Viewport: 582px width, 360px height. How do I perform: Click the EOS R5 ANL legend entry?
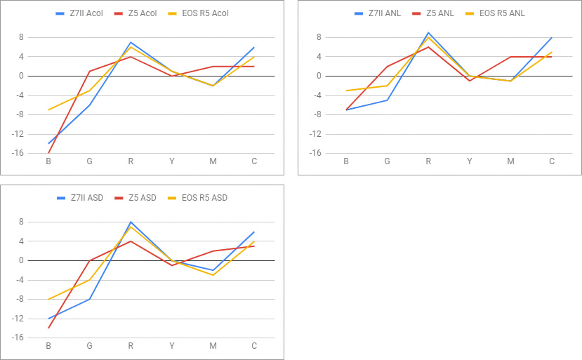[501, 13]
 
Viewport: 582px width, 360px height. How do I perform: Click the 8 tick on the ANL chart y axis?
[319, 37]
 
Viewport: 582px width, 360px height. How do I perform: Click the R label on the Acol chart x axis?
[131, 161]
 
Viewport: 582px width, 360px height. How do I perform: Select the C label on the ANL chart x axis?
[552, 161]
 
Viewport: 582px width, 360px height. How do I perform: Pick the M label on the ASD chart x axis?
[213, 346]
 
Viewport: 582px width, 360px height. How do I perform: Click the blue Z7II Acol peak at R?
[131, 42]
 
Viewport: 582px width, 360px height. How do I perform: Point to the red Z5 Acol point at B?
[48, 153]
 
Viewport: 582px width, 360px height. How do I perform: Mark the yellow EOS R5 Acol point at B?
[48, 109]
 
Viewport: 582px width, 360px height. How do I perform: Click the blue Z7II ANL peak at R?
[428, 32]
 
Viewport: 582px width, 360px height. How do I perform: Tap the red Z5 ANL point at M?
[510, 57]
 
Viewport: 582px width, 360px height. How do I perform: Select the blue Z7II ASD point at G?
[89, 299]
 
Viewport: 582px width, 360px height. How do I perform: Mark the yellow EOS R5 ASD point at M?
[213, 275]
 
